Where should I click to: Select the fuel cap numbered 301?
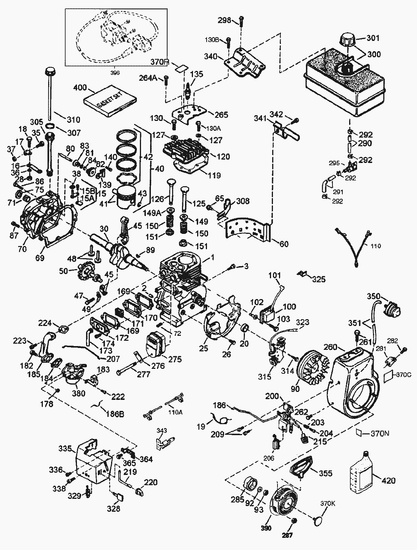pos(346,39)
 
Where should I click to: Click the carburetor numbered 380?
pos(73,374)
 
